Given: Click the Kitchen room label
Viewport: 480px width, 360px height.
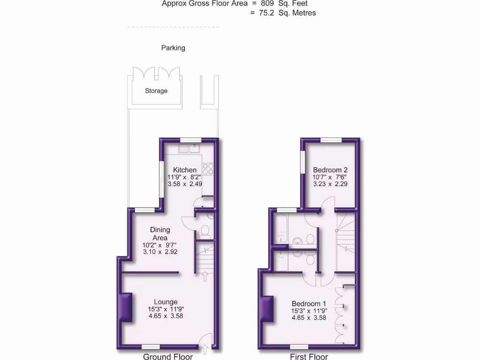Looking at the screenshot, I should [x=185, y=170].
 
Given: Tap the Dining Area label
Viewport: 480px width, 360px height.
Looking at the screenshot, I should [x=160, y=233].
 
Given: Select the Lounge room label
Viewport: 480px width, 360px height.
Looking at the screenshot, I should [x=166, y=302].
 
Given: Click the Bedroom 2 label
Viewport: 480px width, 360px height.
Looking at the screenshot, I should [x=330, y=170].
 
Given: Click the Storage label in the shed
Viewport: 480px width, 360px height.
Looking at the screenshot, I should [x=156, y=91].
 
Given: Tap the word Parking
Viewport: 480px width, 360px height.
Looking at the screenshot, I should [x=173, y=48].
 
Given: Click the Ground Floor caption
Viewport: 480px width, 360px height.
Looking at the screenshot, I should [x=168, y=357].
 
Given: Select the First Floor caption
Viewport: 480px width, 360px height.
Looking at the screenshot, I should [x=309, y=357].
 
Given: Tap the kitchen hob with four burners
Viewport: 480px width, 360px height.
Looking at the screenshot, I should [x=208, y=169].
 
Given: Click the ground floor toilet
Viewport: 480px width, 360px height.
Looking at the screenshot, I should [x=204, y=231].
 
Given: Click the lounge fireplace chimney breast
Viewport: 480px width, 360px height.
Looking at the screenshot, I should [x=125, y=307].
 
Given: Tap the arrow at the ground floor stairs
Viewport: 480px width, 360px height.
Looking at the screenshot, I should [x=204, y=277].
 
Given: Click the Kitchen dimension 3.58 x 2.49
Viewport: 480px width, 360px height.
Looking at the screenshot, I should [x=185, y=184].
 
